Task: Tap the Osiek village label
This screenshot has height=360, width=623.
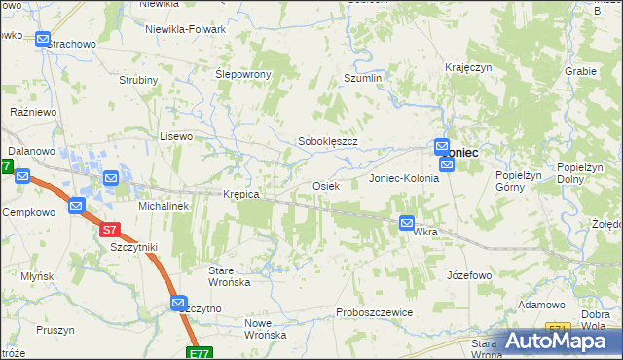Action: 325,185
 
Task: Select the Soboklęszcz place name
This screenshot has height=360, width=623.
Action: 328,141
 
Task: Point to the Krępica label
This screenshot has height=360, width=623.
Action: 240,194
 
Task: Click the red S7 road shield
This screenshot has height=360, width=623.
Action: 110,231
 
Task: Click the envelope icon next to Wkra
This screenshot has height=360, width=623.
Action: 407,223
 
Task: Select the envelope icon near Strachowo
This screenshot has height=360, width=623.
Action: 44,40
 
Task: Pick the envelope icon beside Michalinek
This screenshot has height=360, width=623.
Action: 111,179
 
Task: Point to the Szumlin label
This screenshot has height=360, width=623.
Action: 361,77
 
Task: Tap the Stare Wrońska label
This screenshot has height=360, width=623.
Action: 231,275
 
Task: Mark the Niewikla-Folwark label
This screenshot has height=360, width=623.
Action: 185,29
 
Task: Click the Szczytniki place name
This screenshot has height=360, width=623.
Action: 134,247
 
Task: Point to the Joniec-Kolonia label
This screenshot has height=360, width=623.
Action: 404,179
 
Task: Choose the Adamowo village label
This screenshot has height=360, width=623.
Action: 542,305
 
